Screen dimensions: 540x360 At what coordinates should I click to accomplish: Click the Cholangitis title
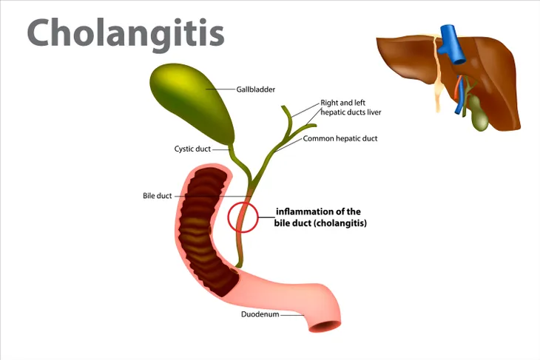[126, 34]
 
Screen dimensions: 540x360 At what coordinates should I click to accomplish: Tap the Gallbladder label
[255, 89]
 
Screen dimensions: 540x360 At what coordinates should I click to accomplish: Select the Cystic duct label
[192, 149]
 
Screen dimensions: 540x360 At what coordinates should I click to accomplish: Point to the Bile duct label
[157, 196]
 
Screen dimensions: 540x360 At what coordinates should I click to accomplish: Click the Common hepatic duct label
[340, 139]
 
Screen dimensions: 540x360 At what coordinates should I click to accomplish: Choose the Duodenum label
[260, 314]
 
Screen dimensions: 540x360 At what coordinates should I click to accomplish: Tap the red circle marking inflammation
[228, 217]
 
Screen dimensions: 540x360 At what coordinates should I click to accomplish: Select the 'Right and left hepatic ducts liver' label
[351, 107]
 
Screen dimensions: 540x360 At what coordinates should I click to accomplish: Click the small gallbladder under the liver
[479, 114]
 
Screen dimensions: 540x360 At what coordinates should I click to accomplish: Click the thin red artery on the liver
[458, 89]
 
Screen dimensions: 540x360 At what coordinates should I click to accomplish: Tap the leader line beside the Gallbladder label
[220, 89]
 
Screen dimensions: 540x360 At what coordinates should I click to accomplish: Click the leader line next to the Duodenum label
[292, 315]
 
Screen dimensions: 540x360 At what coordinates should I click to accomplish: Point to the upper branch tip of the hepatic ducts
[283, 107]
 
